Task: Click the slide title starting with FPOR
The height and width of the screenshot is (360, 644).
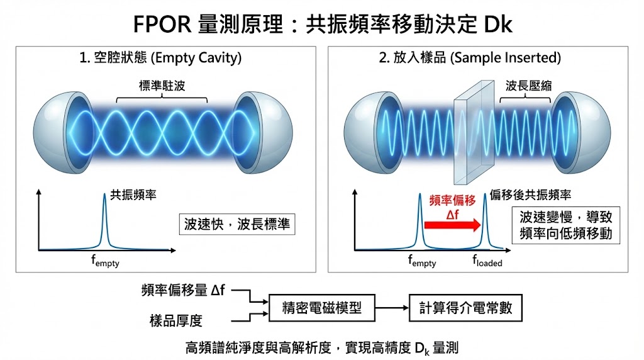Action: coord(322,24)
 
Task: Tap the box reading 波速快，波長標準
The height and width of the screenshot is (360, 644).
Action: coord(237,224)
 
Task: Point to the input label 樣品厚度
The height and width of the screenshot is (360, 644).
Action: coord(176,321)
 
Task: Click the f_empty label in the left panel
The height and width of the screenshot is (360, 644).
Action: coord(105,261)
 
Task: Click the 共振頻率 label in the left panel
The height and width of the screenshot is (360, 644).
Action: coord(133,195)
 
